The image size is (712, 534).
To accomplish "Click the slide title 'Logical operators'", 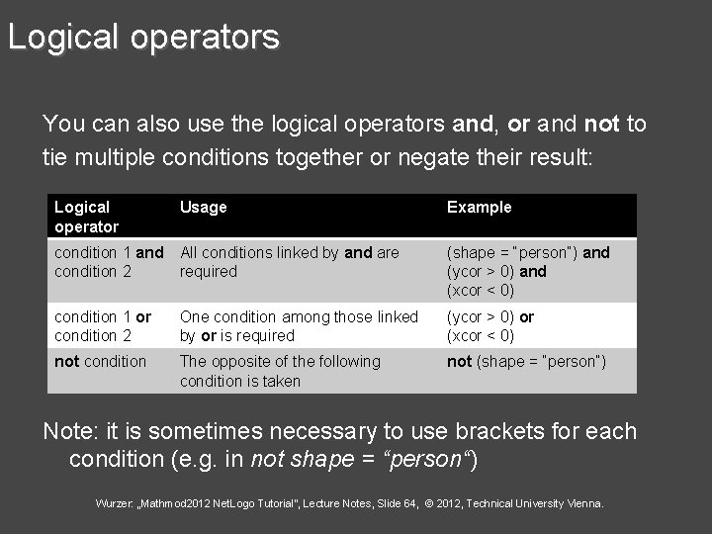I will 143,38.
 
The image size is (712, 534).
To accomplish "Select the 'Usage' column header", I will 203,207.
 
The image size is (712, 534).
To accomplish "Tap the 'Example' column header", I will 479,207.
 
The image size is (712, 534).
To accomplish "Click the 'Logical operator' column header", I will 86,217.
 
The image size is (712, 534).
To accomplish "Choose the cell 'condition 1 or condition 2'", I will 103,326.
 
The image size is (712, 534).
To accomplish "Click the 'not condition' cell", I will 100,362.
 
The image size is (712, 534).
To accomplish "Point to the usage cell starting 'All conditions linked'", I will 289,262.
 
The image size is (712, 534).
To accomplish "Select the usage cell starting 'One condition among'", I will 299,326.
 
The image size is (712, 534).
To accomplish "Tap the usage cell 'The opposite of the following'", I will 279,371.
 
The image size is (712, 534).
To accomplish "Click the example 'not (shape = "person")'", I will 526,362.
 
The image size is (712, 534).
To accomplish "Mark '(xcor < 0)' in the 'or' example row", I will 481,336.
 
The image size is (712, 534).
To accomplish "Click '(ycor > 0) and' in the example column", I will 496,272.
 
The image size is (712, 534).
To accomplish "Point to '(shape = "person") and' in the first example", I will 528,253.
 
